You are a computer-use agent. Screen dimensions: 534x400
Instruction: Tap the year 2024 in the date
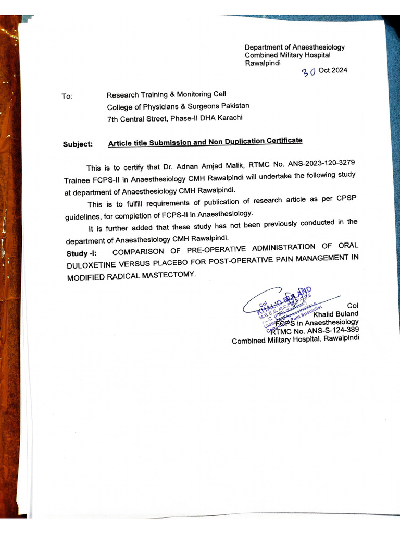(x=339, y=70)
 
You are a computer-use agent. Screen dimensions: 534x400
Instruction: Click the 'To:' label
(x=67, y=96)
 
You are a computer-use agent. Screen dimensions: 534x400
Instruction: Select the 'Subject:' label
(x=78, y=144)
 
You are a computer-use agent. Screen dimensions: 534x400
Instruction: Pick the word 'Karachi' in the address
(x=229, y=118)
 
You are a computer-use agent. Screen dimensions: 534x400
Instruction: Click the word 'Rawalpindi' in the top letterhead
(x=262, y=63)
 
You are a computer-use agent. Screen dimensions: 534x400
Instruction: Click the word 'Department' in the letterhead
(x=265, y=47)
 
